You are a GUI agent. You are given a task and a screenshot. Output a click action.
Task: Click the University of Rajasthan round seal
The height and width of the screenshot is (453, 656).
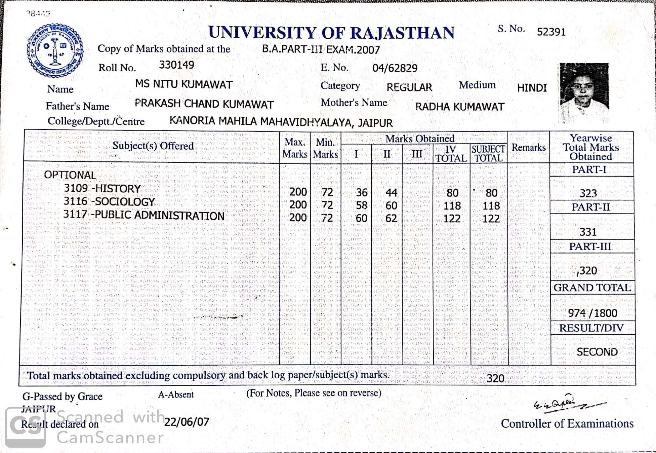pos(55,51)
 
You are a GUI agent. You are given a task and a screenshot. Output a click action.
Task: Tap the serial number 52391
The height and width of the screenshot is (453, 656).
pos(551,32)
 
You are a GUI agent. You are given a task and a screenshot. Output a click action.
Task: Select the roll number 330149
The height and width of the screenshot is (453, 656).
pos(176,65)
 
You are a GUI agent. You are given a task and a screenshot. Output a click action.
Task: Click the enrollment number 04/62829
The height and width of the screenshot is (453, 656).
pos(395,68)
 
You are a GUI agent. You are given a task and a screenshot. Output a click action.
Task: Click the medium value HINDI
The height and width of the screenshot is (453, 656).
pos(532,88)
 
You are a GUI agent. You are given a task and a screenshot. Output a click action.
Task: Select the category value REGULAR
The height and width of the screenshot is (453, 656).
pos(409,87)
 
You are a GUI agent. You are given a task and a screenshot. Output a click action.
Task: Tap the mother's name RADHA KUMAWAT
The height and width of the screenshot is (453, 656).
pos(459,107)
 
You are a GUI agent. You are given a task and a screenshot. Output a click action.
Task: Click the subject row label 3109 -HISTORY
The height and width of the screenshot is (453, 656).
pos(102,189)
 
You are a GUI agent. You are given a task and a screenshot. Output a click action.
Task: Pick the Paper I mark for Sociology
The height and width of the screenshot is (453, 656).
pos(361,205)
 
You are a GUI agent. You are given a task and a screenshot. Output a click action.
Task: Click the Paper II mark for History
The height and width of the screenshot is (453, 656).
pos(391,193)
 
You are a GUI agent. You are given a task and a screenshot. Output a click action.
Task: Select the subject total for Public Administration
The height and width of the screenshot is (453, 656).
pos(491,219)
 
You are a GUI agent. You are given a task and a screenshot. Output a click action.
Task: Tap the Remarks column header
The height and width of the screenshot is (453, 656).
pos(528,147)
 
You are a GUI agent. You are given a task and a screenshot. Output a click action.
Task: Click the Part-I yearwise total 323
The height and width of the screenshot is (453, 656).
pos(588,193)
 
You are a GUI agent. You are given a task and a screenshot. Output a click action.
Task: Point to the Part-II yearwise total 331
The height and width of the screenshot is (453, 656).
pos(588,232)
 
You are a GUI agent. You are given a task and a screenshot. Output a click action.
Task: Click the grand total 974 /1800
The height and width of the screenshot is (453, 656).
pos(592,313)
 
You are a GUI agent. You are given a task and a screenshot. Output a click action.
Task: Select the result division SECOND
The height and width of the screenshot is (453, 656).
pos(597,352)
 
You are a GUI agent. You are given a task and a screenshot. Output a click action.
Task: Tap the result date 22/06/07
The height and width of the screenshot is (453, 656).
pos(187,422)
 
